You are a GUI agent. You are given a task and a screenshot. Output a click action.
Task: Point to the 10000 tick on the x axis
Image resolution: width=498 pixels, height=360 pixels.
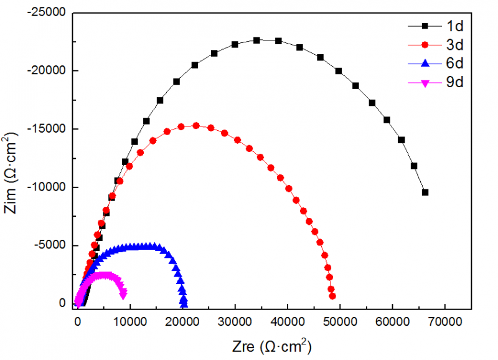pyautogui.click(x=130, y=322)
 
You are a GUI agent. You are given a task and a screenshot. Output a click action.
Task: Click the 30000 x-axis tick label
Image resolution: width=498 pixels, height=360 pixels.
pyautogui.click(x=235, y=322)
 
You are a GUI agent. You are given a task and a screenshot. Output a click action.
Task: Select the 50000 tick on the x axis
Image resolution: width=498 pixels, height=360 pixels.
pyautogui.click(x=341, y=322)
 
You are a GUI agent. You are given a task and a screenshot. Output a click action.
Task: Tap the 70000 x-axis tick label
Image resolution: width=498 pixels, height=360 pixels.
pyautogui.click(x=446, y=322)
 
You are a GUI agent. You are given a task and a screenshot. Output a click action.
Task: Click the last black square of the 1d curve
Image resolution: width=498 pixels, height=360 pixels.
pyautogui.click(x=425, y=192)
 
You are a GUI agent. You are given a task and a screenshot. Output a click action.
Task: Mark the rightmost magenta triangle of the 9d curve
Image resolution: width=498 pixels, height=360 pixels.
pyautogui.click(x=124, y=293)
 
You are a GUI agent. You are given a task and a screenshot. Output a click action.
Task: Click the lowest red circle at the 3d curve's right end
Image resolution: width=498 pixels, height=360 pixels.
pyautogui.click(x=332, y=296)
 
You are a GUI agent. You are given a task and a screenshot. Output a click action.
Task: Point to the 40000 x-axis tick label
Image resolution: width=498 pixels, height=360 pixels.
pyautogui.click(x=288, y=322)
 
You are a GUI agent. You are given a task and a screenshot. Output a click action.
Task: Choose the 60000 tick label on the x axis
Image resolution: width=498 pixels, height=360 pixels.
pyautogui.click(x=393, y=322)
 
